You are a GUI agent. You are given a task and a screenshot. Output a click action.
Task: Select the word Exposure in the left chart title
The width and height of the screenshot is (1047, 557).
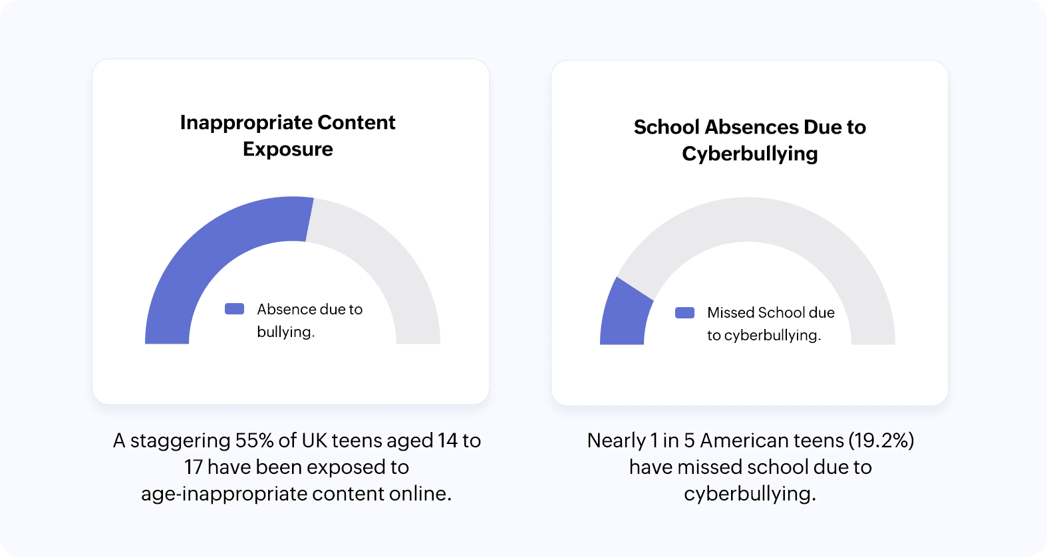pyautogui.click(x=288, y=150)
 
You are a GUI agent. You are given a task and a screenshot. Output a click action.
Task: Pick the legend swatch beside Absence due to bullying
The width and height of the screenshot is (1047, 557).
pyautogui.click(x=234, y=309)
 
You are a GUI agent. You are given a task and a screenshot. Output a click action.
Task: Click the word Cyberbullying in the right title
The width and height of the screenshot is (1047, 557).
pyautogui.click(x=750, y=154)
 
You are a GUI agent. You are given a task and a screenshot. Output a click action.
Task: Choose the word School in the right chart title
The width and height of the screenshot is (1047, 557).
pyautogui.click(x=667, y=127)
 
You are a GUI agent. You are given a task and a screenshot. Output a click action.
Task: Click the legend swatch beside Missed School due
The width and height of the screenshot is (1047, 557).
pyautogui.click(x=684, y=312)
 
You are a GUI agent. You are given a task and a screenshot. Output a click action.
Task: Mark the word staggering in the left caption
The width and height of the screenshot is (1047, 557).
pyautogui.click(x=180, y=441)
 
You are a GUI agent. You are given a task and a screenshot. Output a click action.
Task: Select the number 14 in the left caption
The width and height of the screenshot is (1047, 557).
pyautogui.click(x=447, y=441)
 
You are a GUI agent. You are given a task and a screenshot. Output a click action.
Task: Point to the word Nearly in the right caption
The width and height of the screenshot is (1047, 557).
pyautogui.click(x=616, y=441)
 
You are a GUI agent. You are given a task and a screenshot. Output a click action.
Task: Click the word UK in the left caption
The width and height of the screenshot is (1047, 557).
pyautogui.click(x=314, y=441)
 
